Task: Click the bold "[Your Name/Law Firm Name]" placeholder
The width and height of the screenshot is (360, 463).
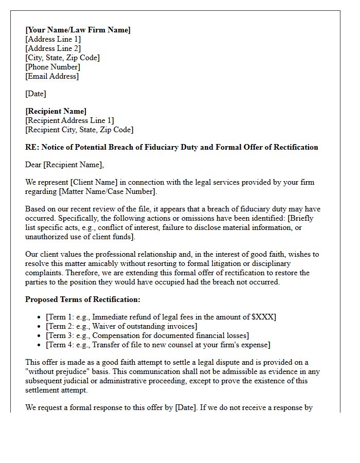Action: coord(78,30)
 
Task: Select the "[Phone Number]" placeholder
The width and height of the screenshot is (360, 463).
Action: coord(52,67)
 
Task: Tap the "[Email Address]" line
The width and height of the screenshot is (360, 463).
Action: coord(52,76)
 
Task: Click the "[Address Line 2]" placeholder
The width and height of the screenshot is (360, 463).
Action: coord(53,48)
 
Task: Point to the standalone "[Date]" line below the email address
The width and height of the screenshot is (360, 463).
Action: coord(35,94)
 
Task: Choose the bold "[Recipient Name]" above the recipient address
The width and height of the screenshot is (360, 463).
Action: coord(56,111)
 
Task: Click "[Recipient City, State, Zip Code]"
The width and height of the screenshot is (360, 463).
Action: coord(79,130)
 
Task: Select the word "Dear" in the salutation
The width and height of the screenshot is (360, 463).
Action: coord(33,165)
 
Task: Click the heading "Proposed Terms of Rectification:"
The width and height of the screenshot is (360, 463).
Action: coord(83,299)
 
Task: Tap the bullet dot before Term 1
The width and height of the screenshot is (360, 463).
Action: coord(40,317)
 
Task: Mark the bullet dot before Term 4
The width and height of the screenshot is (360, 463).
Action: coord(40,345)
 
